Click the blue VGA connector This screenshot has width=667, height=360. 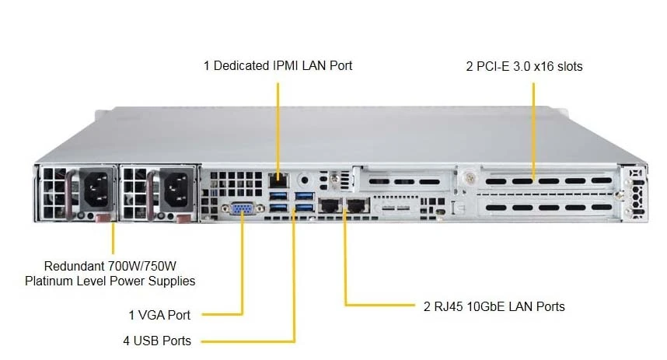click(242, 208)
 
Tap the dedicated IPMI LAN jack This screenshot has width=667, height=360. click(278, 180)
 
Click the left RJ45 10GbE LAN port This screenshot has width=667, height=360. click(330, 206)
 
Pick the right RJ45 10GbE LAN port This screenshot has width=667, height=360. click(358, 206)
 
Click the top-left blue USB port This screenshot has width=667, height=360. click(278, 195)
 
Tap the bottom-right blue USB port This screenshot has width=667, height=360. click(305, 208)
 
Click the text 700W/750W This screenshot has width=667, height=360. click(142, 267)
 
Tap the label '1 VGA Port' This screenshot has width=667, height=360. click(159, 316)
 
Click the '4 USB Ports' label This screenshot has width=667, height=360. click(157, 341)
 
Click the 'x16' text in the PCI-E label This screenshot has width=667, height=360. click(543, 66)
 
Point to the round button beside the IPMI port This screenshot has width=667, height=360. click(305, 180)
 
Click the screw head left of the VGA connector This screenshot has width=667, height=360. click(225, 208)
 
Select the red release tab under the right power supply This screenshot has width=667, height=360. click(183, 218)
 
